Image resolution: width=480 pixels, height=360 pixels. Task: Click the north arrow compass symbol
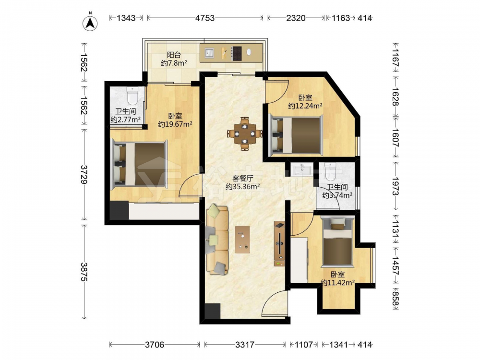click(x=90, y=23)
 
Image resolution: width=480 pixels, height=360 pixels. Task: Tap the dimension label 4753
click(x=205, y=18)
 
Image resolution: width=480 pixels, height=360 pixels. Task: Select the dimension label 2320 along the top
click(x=296, y=18)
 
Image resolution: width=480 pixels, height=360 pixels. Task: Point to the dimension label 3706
click(x=155, y=345)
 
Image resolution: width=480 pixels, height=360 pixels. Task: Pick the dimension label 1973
click(x=396, y=186)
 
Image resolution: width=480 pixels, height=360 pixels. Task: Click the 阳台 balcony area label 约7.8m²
click(x=174, y=63)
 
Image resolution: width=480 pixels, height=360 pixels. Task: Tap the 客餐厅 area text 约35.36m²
click(x=243, y=186)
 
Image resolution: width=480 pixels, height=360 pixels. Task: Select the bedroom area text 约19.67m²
click(x=175, y=124)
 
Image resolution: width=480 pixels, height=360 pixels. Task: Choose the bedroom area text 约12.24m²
click(x=305, y=106)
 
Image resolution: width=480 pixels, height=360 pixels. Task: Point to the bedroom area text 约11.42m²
click(x=337, y=283)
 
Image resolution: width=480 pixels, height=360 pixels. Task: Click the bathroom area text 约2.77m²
click(x=125, y=120)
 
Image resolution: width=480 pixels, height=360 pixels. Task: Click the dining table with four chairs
click(x=245, y=133)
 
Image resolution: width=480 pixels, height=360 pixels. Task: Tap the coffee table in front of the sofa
click(x=242, y=240)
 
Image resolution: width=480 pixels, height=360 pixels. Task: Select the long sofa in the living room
click(x=217, y=239)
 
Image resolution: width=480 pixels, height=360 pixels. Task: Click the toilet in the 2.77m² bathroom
click(x=132, y=95)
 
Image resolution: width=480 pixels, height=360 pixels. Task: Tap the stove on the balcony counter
click(x=237, y=54)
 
